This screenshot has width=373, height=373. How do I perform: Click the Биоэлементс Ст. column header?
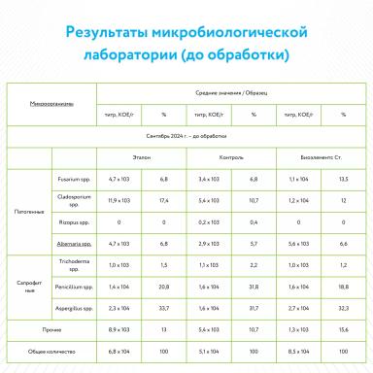pyautogui.click(x=316, y=155)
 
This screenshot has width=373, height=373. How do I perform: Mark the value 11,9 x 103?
pyautogui.click(x=120, y=201)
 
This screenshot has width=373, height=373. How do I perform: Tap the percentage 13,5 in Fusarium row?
pyautogui.click(x=342, y=179)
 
